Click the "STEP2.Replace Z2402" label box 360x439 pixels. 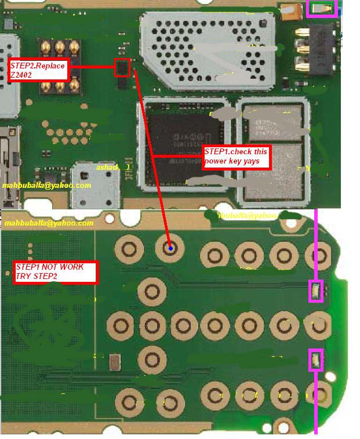pyautogui.click(x=38, y=70)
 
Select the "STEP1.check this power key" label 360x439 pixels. pyautogui.click(x=237, y=157)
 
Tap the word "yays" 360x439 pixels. pyautogui.click(x=259, y=161)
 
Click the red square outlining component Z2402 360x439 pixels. pyautogui.click(x=122, y=67)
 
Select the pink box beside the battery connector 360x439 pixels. pyautogui.click(x=321, y=8)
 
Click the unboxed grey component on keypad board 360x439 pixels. pyautogui.click(x=114, y=364)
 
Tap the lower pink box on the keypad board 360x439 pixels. pyautogui.click(x=315, y=360)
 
